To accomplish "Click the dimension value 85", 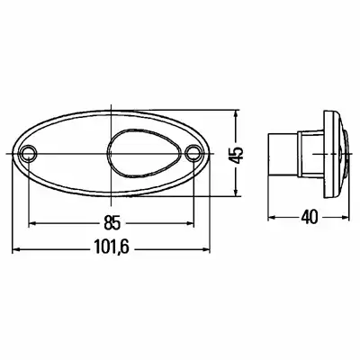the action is pos(112,222).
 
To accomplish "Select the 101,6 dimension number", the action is pos(112,247).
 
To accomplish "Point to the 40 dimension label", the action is pos(309,217).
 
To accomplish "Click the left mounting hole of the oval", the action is pos(29,153).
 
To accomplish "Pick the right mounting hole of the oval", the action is pos(193,152).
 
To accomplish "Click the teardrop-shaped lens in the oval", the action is pos(144,153).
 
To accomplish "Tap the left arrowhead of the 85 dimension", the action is pos(32,223).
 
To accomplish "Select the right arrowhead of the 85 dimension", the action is pos(190,223).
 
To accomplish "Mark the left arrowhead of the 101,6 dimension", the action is pos(16,248).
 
